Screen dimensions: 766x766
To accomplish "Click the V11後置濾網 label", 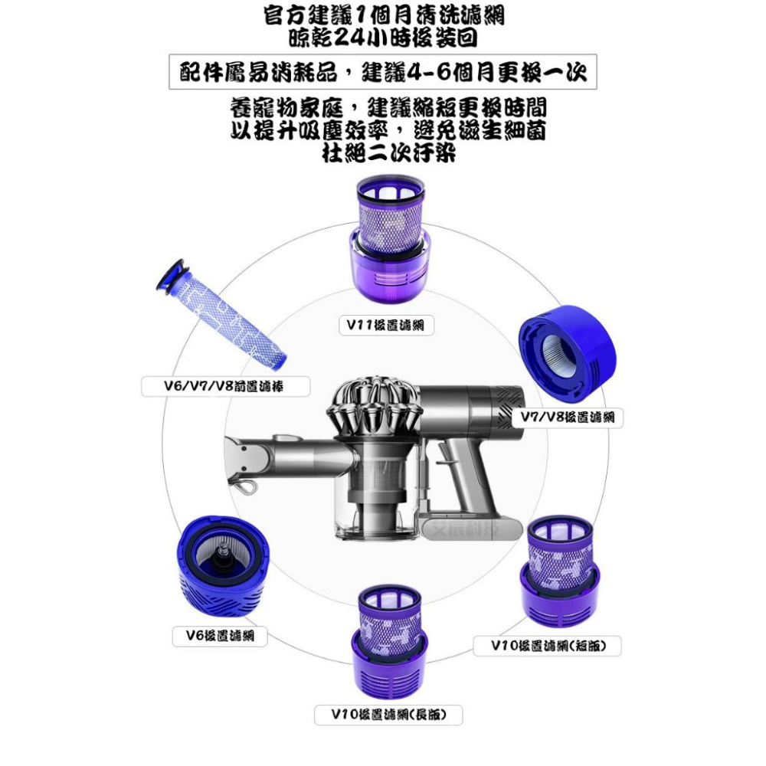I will [x=386, y=326].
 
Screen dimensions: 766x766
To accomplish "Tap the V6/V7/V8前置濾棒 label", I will [x=225, y=387].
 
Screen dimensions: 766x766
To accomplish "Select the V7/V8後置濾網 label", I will [x=568, y=417].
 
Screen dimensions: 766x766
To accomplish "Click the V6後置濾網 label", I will [x=220, y=636].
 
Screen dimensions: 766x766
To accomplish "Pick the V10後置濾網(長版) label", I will [x=388, y=715].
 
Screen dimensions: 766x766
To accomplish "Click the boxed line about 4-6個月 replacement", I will [x=383, y=74].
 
